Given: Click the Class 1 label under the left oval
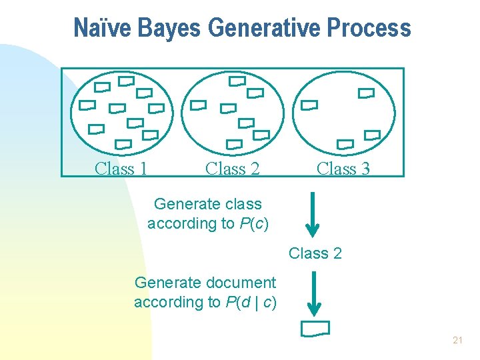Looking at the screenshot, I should pos(121,169).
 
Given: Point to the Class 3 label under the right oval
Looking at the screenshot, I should pos(343,169).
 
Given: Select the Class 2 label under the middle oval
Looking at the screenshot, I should pos(232,169).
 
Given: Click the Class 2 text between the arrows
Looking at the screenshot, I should pos(315,253).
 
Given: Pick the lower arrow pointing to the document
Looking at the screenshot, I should pos(315,292).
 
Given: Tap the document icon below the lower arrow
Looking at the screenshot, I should pos(315,328).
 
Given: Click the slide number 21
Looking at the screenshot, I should pos(457,340).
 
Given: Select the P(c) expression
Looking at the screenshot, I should pos(253,223).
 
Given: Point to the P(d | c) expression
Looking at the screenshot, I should pos(251,302).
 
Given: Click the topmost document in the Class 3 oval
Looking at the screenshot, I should pos(366,93).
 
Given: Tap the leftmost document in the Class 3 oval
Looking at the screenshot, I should pos(309,105).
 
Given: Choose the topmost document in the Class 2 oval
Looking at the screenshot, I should pos(237,81).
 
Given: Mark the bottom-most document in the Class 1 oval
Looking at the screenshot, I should pos(123,144).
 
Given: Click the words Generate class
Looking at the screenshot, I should pos(207,204).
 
